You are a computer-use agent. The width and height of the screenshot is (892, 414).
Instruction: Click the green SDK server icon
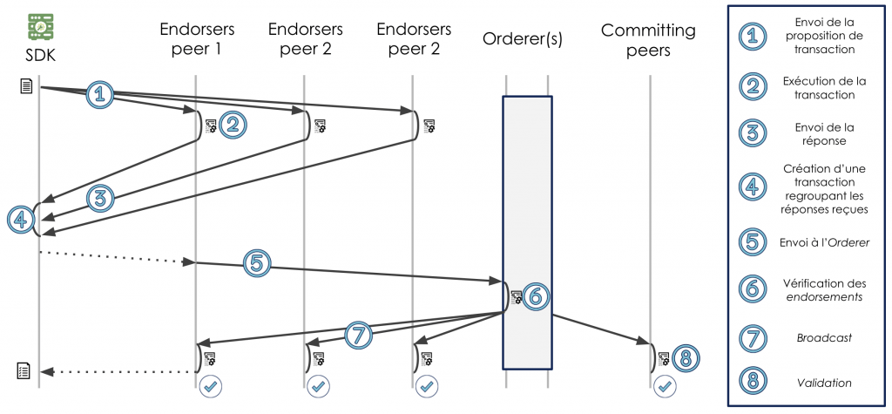point(39,26)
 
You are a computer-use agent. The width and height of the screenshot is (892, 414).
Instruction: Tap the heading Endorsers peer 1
point(197,39)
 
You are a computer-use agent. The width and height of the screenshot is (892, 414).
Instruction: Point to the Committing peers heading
point(648,39)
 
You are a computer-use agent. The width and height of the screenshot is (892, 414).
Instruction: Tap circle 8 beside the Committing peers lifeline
point(686,357)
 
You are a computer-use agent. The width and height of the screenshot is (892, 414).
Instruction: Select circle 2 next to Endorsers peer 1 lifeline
point(232,126)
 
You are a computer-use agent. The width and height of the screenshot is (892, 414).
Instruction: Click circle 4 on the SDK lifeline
point(18,220)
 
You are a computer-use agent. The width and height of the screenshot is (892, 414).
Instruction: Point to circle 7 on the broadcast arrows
point(361,334)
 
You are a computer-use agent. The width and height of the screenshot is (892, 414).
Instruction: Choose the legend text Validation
point(824,383)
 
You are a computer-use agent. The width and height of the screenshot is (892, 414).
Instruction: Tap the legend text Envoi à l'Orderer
point(824,242)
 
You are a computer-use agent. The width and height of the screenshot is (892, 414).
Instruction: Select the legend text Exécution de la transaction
point(824,87)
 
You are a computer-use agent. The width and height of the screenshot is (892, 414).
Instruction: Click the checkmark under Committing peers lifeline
point(664,385)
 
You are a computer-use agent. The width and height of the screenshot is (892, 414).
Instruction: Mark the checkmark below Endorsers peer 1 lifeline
point(209,385)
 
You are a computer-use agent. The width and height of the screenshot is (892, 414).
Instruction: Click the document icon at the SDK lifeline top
point(26,85)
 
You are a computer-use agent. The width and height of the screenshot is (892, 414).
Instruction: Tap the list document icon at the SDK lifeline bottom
point(24,372)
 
